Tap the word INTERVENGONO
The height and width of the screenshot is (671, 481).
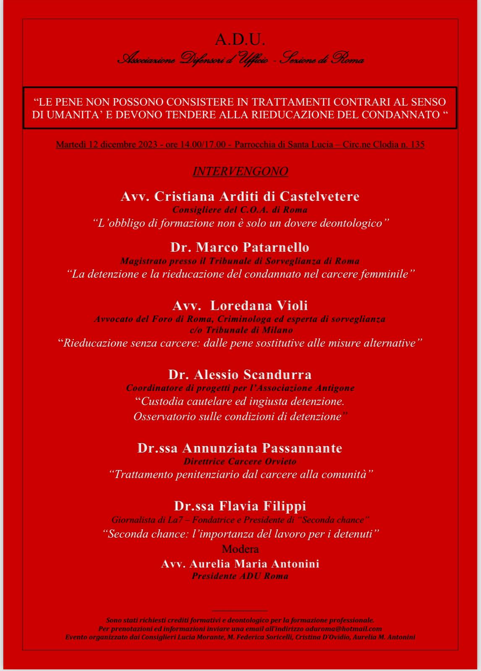(x=240, y=172)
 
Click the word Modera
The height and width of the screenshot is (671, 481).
(x=240, y=549)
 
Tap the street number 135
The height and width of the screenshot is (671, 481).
(x=417, y=145)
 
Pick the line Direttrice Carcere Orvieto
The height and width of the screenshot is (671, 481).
(x=240, y=461)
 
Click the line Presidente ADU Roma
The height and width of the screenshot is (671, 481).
(x=240, y=576)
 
